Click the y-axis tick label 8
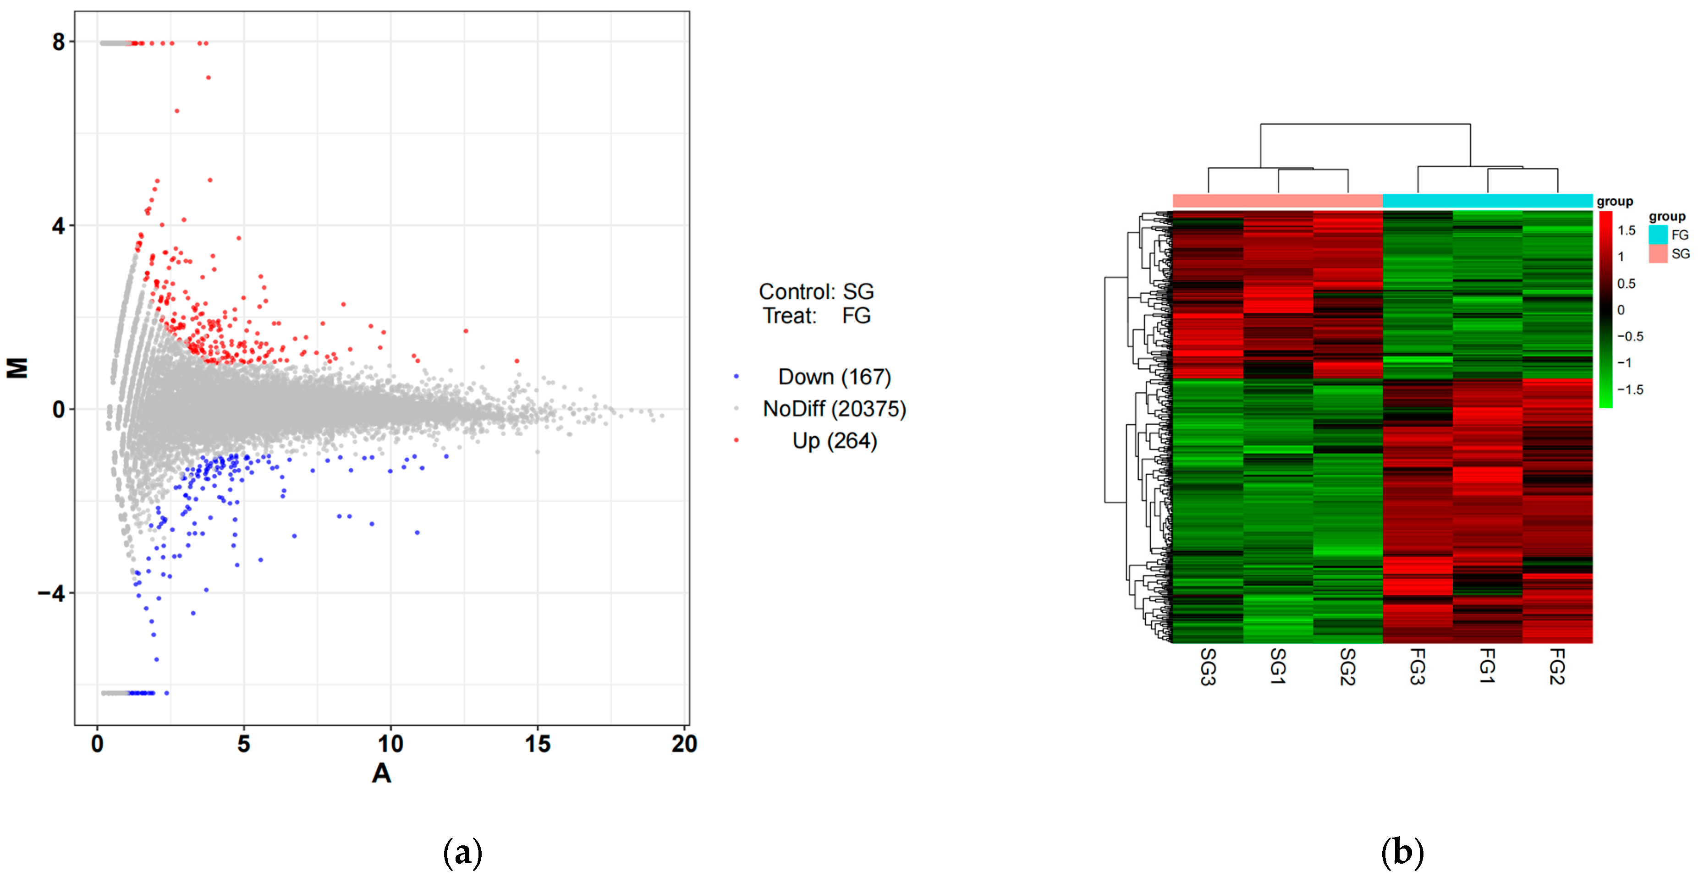click(59, 43)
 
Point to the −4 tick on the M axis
click(51, 593)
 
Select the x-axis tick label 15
click(537, 744)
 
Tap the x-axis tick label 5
click(244, 744)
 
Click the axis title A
click(382, 772)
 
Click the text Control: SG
click(816, 291)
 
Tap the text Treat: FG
click(816, 316)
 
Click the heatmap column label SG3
click(1208, 667)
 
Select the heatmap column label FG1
click(1487, 665)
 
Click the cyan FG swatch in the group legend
click(1658, 235)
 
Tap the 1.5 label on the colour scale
click(1626, 230)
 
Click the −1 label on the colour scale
click(1624, 362)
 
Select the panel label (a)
click(463, 852)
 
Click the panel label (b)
click(1402, 852)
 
